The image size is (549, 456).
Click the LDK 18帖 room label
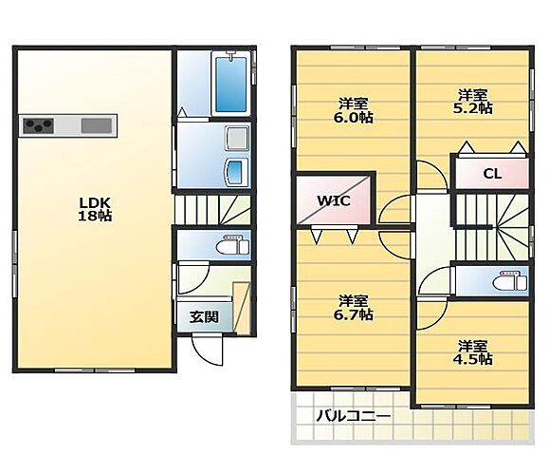[x=95, y=209]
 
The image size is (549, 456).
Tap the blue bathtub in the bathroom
[x=229, y=85]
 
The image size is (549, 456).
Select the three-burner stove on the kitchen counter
[x=39, y=126]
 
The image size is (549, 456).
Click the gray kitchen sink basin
[x=97, y=126]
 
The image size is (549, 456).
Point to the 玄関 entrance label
[x=204, y=316]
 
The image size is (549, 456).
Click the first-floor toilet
[x=232, y=245]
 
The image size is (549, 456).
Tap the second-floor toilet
[x=509, y=279]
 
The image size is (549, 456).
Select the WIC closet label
[x=334, y=201]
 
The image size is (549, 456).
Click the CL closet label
[x=492, y=174]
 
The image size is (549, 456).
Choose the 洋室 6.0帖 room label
[x=354, y=110]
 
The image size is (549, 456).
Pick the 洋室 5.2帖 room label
[x=473, y=101]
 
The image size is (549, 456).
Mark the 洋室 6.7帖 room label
[x=354, y=307]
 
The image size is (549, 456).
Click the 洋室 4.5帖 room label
[x=473, y=351]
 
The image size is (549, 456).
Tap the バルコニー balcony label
[x=353, y=416]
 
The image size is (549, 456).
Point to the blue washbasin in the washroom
[x=237, y=173]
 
